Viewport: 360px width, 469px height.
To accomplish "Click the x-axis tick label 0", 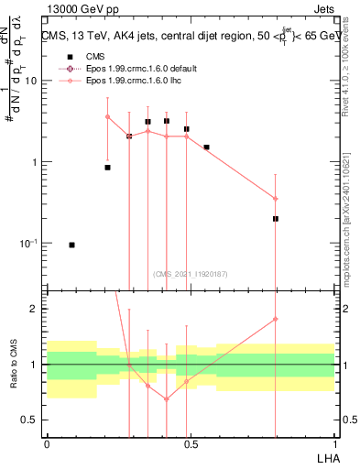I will point(47,444).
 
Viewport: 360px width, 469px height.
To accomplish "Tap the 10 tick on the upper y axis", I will point(32,81).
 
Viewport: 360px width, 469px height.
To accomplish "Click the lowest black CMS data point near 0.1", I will point(71,245).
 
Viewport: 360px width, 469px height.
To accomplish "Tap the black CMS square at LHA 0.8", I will point(276,219).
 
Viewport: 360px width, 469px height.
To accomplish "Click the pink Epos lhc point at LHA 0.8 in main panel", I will point(276,199).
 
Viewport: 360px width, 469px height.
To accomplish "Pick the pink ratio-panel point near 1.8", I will point(276,319).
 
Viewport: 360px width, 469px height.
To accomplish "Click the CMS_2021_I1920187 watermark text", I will point(191,273).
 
